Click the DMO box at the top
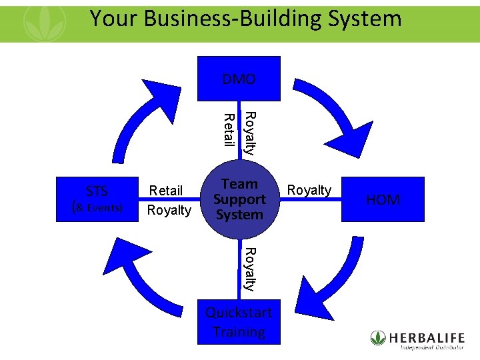coord(239,79)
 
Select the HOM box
coord(383,199)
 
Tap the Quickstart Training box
coord(239,322)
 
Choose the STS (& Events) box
coord(97,199)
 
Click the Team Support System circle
coord(239,199)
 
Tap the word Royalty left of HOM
coord(309,190)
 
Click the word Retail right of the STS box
coord(166,191)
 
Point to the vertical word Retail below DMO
coord(229,130)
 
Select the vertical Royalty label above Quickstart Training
coord(249,269)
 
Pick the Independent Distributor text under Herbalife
coord(432,347)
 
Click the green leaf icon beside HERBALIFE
coord(378,337)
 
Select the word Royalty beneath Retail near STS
coord(169,210)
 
